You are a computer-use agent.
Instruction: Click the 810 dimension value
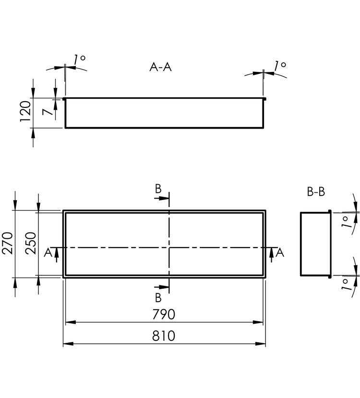click(164, 336)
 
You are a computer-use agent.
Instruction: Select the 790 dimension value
click(164, 314)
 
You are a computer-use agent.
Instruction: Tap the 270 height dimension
click(7, 243)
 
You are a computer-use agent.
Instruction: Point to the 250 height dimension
click(31, 243)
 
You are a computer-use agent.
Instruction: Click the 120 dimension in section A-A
click(25, 111)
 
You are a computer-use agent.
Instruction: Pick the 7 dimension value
click(48, 112)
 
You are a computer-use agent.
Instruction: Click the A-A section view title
click(161, 67)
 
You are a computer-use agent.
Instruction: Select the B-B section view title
click(316, 192)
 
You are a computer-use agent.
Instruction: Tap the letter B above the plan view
click(158, 189)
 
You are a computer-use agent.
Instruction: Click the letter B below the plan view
click(158, 298)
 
